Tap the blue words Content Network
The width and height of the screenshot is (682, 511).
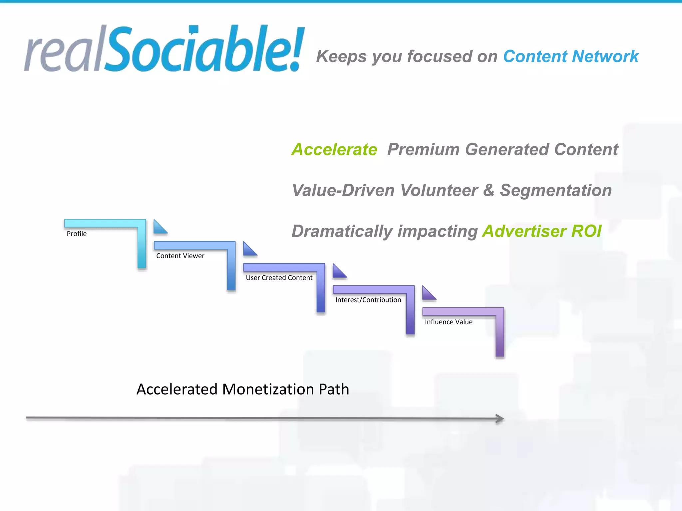571,57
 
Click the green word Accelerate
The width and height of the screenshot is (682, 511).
334,149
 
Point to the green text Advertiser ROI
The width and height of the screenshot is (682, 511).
542,231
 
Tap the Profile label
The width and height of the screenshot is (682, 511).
77,234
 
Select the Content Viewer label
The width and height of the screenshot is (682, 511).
180,256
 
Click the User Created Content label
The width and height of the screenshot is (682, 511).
279,278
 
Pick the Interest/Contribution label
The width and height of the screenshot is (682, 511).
368,300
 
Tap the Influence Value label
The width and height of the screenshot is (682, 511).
449,322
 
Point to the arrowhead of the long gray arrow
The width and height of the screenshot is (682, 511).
500,419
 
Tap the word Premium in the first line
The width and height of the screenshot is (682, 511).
423,149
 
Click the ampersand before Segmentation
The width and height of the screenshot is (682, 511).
489,191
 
